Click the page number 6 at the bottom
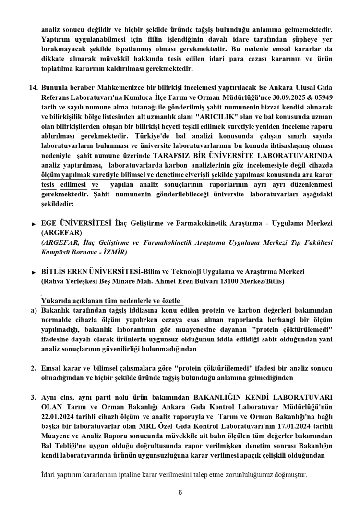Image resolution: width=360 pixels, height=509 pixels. [180, 492]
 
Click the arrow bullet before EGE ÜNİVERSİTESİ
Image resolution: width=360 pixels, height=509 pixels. [34, 224]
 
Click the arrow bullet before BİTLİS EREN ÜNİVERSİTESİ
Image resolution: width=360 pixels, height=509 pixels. [34, 272]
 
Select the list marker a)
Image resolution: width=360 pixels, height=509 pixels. [34, 310]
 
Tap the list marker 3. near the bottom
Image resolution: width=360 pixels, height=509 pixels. [34, 398]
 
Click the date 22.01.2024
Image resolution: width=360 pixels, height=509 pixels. [57, 416]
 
